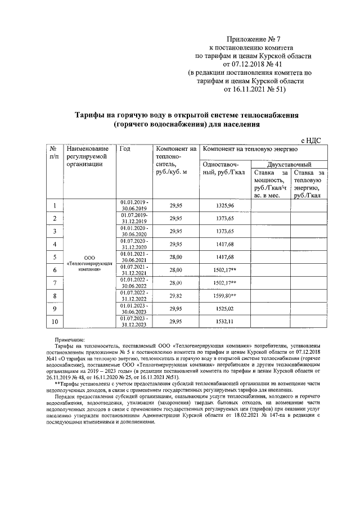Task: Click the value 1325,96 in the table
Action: (x=224, y=206)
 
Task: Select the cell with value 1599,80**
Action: (x=226, y=296)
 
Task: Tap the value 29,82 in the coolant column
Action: (x=176, y=296)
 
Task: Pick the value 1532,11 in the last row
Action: (x=224, y=322)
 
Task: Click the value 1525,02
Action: (x=224, y=309)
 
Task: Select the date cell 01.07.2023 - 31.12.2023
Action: (x=133, y=322)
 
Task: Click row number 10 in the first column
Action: (x=55, y=322)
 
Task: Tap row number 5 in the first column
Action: (x=55, y=258)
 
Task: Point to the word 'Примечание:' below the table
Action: (x=69, y=341)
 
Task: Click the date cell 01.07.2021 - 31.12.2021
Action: (x=133, y=270)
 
